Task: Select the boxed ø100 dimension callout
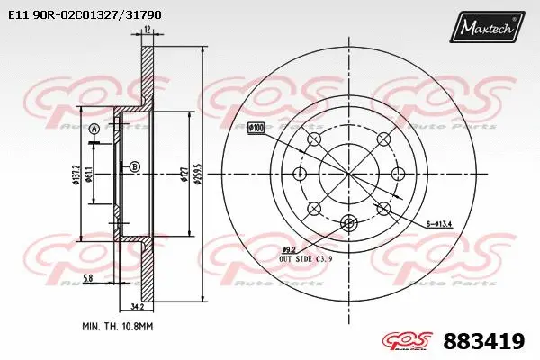pos(256,129)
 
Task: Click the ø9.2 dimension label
pos(289,249)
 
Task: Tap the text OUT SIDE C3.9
pos(306,259)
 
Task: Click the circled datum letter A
pos(93,130)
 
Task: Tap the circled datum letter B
pos(135,166)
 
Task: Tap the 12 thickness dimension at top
pos(147,31)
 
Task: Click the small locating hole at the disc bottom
pos(349,222)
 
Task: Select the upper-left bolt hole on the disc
pos(314,139)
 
